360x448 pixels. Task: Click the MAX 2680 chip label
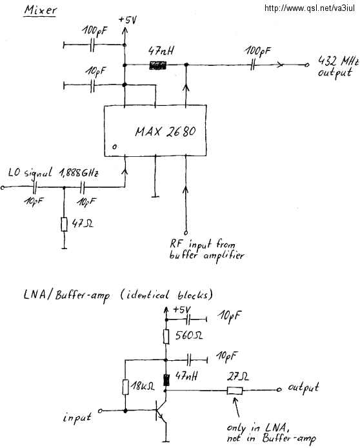[x=165, y=132]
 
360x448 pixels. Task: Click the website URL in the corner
[x=310, y=8]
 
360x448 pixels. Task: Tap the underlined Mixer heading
[x=40, y=10]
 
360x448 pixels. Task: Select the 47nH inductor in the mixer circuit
[x=157, y=65]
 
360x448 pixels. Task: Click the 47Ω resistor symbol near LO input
[x=65, y=224]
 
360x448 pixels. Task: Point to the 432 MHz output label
[x=338, y=66]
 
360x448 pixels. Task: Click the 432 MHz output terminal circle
[x=307, y=65]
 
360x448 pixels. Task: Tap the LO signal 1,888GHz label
[x=54, y=173]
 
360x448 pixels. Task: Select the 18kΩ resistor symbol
[x=125, y=387]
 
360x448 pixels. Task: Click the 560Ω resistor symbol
[x=166, y=336]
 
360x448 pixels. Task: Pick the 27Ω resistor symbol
[x=235, y=391]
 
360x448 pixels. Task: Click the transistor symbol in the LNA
[x=161, y=411]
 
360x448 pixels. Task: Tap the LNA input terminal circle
[x=100, y=411]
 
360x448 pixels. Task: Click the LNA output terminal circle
[x=279, y=389]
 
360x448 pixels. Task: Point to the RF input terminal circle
[x=186, y=232]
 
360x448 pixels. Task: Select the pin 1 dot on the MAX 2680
[x=114, y=147]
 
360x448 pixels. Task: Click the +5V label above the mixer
[x=127, y=20]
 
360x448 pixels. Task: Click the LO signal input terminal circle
[x=3, y=187]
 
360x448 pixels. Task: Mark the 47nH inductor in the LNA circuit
[x=166, y=380]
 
